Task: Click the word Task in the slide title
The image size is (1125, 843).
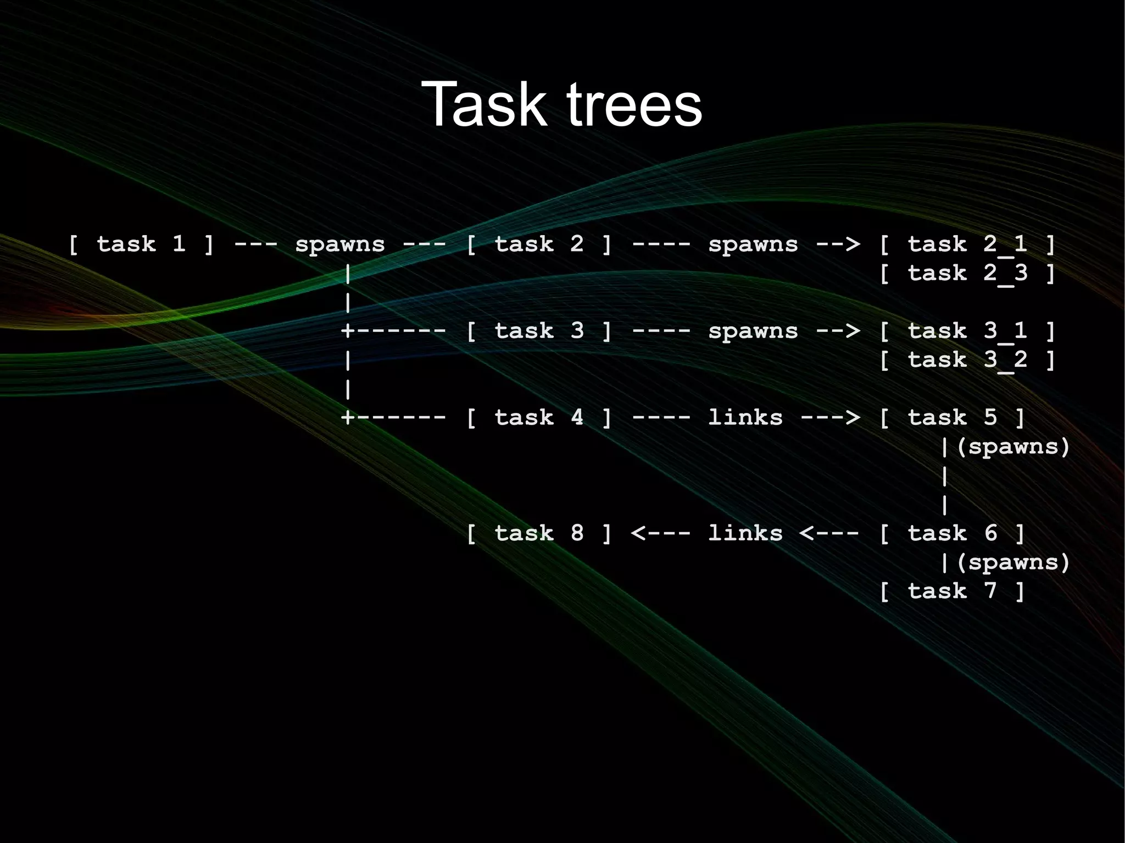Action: (483, 104)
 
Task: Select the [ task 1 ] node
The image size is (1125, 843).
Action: (141, 244)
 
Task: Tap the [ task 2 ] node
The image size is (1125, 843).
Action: (538, 244)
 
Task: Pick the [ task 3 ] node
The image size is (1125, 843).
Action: (538, 331)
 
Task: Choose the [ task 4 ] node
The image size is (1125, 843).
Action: (538, 418)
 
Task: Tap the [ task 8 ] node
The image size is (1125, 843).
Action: (538, 533)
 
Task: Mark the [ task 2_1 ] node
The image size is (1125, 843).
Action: (967, 244)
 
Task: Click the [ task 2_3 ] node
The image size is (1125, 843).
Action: (967, 273)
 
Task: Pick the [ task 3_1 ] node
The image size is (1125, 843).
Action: (967, 331)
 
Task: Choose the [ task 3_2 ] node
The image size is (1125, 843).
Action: (967, 360)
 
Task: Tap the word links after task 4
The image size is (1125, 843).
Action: (745, 418)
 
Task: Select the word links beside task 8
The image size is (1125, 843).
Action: (745, 533)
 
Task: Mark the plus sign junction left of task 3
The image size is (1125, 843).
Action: (347, 331)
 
